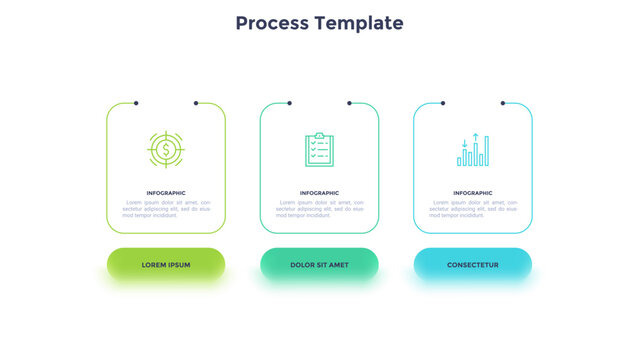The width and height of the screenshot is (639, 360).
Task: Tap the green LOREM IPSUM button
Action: [166, 264]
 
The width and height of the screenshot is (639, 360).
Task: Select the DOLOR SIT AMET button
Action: [319, 264]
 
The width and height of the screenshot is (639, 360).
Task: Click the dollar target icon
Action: [166, 150]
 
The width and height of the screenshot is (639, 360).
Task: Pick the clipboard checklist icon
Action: [319, 150]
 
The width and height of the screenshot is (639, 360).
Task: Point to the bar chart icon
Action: [473, 150]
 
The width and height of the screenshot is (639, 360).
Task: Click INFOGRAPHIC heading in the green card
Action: [166, 193]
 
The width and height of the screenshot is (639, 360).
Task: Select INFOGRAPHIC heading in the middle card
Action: [319, 193]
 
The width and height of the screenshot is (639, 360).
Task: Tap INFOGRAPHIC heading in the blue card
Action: [473, 193]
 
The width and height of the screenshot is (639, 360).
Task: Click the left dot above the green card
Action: [136, 102]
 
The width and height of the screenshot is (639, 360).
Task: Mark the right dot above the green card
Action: [196, 102]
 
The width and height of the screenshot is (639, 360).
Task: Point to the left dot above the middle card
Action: [289, 102]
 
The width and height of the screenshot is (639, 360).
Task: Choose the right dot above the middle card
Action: [349, 102]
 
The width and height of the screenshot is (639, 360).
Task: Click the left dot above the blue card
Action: [443, 102]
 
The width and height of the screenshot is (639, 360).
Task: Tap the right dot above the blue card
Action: [503, 102]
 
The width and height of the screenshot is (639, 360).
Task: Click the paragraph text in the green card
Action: [166, 208]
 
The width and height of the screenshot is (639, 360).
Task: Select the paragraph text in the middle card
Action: [319, 208]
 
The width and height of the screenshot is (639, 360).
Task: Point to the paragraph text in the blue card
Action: [473, 208]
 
